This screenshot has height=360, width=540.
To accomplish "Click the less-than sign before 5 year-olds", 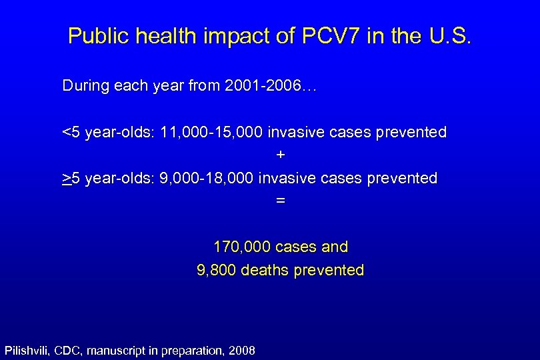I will click(x=66, y=133).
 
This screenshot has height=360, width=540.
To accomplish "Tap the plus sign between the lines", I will click(x=281, y=155).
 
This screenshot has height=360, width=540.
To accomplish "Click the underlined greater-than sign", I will click(x=66, y=179).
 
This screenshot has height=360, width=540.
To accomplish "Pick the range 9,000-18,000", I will click(x=207, y=179).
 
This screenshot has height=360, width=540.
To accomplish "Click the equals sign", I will click(x=281, y=200).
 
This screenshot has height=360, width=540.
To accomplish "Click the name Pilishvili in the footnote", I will click(x=27, y=349).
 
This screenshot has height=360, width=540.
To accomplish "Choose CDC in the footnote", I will click(x=69, y=349).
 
